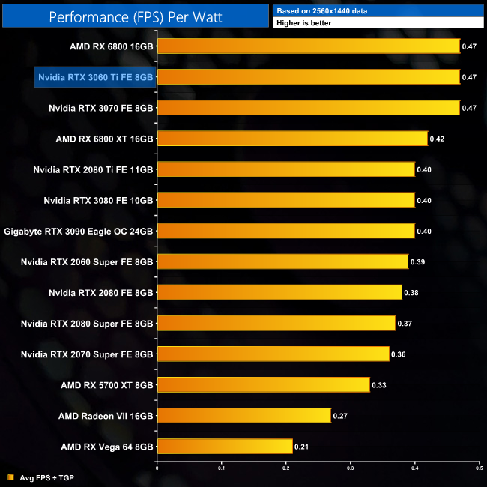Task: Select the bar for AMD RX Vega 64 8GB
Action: coord(225,447)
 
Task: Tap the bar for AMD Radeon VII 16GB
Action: coord(244,416)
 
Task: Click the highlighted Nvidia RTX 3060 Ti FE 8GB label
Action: coord(95,77)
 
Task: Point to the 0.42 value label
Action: coord(438,139)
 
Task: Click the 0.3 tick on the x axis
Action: coord(351,469)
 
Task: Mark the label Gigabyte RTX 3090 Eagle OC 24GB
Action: coord(79,231)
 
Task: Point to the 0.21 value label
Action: coord(303,447)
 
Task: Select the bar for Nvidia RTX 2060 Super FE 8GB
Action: coord(282,261)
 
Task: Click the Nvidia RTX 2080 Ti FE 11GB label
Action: coord(93,169)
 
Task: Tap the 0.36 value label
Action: coord(399,354)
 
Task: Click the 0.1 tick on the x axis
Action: coord(222,469)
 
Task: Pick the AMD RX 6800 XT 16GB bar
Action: coord(292,139)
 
